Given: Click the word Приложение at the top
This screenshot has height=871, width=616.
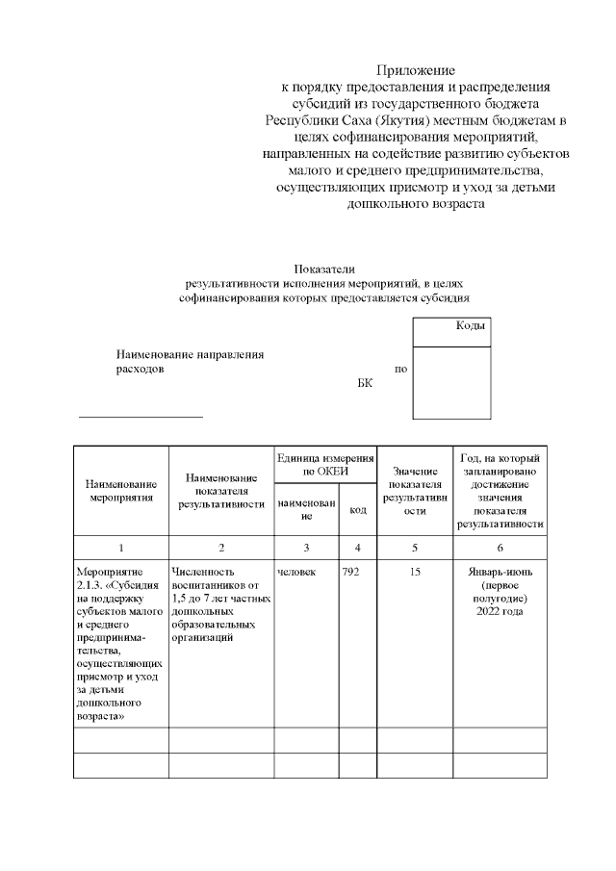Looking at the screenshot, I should (x=416, y=70).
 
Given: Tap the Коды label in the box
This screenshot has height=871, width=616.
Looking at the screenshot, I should (x=470, y=326).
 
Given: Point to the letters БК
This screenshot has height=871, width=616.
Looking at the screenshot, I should (x=364, y=383).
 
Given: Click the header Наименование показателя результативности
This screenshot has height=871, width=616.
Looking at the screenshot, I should (x=221, y=490).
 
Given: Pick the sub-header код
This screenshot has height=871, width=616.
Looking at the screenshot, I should (x=357, y=510).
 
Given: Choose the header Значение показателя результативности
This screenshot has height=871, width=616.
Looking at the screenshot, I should (x=414, y=491).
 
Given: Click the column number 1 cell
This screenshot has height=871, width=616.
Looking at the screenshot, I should (x=121, y=548).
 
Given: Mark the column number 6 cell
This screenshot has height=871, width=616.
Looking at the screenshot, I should (x=500, y=548).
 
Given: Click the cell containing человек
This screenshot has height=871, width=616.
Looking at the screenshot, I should (x=296, y=573).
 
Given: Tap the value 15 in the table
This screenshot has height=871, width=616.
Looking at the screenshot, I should (x=414, y=573).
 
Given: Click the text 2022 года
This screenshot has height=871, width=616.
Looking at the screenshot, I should (x=500, y=612).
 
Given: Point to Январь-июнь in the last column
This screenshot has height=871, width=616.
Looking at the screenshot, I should (x=500, y=573).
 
